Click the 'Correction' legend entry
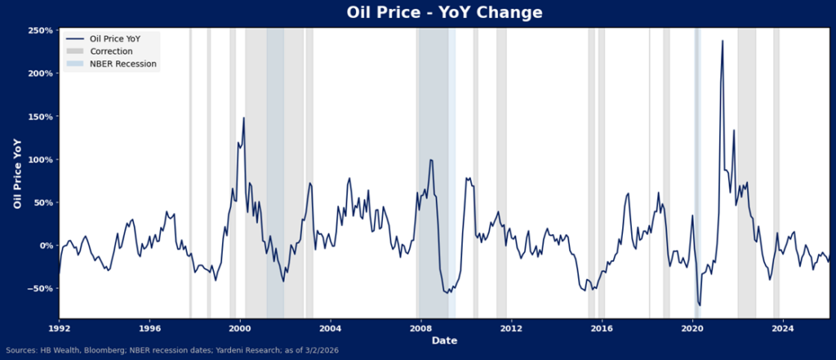pyautogui.click(x=111, y=51)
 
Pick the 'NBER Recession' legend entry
pyautogui.click(x=122, y=63)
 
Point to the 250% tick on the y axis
pyautogui.click(x=40, y=30)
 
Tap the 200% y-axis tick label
pyautogui.click(x=40, y=73)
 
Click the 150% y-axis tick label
pyautogui.click(x=40, y=117)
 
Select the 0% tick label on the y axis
pyautogui.click(x=46, y=245)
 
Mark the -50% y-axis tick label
pyautogui.click(x=40, y=288)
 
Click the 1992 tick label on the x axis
pyautogui.click(x=59, y=329)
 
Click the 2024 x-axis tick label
pyautogui.click(x=782, y=329)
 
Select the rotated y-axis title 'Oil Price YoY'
pyautogui.click(x=17, y=173)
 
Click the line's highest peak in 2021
pyautogui.click(x=723, y=41)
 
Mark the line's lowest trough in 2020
pyautogui.click(x=700, y=305)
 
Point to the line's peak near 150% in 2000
pyautogui.click(x=243, y=118)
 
